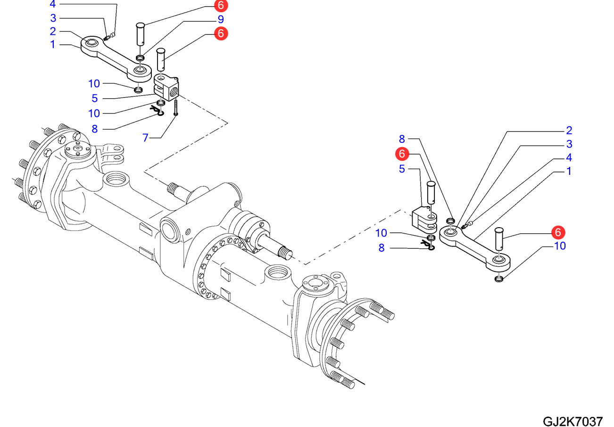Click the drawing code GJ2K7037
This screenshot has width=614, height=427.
coord(573,421)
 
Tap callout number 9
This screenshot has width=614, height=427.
coord(220,19)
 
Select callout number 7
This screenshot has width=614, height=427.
coord(145,137)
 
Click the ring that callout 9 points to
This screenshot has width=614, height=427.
coord(140,57)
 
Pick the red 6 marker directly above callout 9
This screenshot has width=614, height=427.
coord(221,6)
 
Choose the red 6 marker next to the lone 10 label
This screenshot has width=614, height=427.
coord(558,232)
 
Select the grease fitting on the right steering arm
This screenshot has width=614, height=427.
coord(467,225)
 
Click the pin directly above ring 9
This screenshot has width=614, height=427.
coord(140,33)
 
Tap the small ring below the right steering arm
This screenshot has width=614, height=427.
coord(499,279)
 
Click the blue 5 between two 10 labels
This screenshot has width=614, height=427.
coord(95,98)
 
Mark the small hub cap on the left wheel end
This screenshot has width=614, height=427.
coord(75,150)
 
